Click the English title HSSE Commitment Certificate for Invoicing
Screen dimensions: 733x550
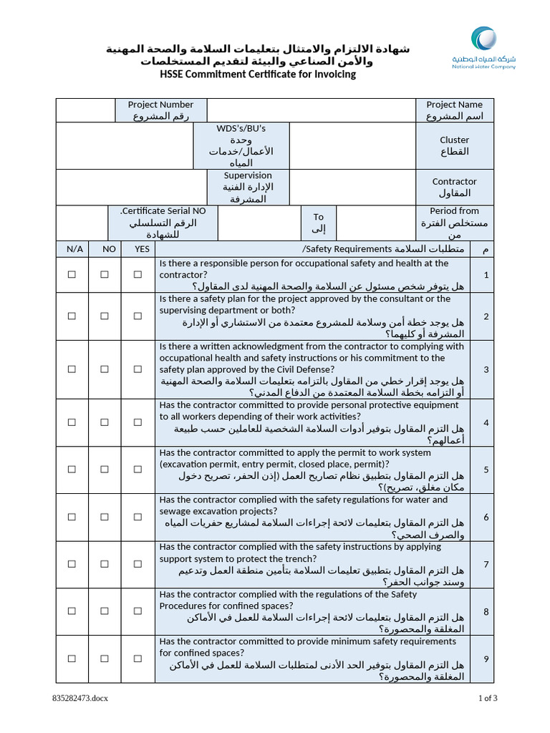[257, 74]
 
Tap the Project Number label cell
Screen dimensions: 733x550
[161, 110]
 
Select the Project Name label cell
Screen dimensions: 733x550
[454, 110]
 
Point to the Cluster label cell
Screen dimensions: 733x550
[454, 146]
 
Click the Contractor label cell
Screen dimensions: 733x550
[454, 188]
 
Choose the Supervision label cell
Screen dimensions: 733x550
[248, 188]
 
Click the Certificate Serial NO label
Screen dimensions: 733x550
[163, 223]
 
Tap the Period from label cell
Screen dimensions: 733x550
[454, 223]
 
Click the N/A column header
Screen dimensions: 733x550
[74, 249]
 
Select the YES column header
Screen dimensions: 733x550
[142, 249]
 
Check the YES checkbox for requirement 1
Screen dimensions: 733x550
[137, 274]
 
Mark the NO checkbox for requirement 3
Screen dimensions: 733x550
[105, 369]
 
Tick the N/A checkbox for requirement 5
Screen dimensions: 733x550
[72, 470]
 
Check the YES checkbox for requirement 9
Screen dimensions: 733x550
[137, 659]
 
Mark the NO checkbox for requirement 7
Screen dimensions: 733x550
[105, 564]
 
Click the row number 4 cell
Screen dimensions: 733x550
[486, 422]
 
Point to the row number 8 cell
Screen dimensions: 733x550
[486, 611]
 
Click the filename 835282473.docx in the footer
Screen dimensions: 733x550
[80, 699]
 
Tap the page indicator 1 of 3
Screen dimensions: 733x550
[488, 699]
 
